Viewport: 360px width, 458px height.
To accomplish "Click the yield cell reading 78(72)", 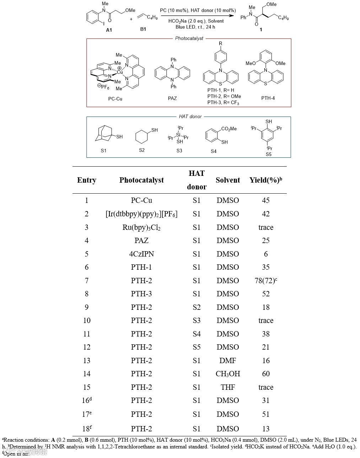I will (265, 281).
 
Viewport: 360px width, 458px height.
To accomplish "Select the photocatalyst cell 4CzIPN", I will (141, 254).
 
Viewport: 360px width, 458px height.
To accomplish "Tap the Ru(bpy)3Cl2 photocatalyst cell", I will (141, 227).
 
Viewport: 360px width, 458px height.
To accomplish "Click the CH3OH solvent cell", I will (228, 374).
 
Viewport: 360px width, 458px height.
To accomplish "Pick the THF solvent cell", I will (228, 387).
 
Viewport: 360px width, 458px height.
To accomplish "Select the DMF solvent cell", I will (228, 361).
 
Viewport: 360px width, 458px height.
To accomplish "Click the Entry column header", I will (87, 180).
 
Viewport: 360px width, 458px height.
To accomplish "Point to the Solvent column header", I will (228, 180).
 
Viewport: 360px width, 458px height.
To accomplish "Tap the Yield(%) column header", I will (265, 180).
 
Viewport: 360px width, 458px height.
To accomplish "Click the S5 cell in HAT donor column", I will (197, 347).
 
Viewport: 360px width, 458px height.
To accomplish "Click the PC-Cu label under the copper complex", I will (115, 99).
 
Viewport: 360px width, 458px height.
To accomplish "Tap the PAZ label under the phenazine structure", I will (172, 98).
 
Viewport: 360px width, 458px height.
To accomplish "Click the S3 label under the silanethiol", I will (179, 151).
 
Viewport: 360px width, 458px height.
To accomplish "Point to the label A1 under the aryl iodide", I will (109, 30).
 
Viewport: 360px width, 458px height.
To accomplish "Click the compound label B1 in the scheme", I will (143, 29).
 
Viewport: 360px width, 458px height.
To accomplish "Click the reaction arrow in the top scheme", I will (198, 16).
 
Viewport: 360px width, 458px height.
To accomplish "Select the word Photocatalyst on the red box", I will (189, 38).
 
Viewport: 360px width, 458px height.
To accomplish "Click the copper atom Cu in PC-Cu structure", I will (120, 72).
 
